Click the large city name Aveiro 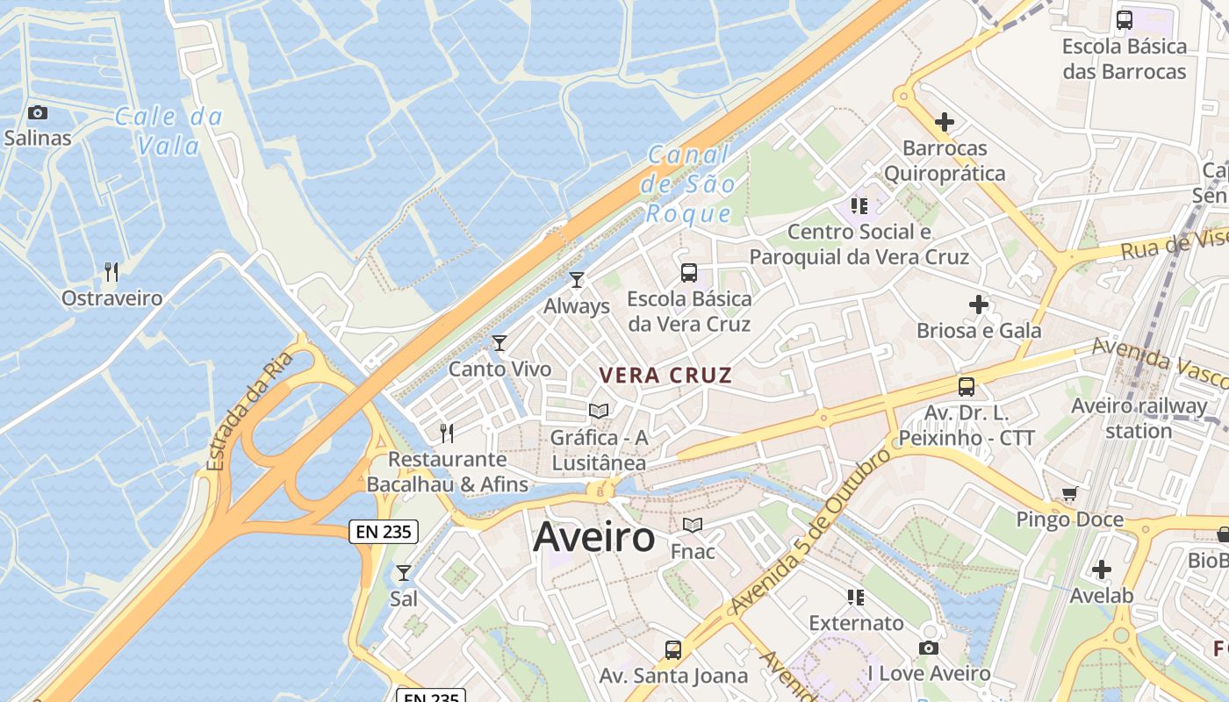[x=593, y=537]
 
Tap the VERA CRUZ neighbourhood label [x=665, y=376]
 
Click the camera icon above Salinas [x=37, y=112]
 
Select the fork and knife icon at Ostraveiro [x=111, y=272]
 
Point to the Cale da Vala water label [x=169, y=130]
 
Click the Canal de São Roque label [x=689, y=184]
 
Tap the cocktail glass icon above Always [x=577, y=280]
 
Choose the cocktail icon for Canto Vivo [x=500, y=343]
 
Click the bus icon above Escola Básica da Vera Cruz [x=689, y=273]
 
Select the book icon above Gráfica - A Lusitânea [x=599, y=411]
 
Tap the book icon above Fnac [x=693, y=525]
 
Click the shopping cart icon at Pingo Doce [x=1069, y=493]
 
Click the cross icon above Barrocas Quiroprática [x=945, y=122]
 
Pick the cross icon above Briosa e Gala [x=979, y=304]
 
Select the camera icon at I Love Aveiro [x=928, y=648]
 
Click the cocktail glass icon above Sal [x=404, y=573]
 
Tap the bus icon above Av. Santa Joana [x=673, y=650]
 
